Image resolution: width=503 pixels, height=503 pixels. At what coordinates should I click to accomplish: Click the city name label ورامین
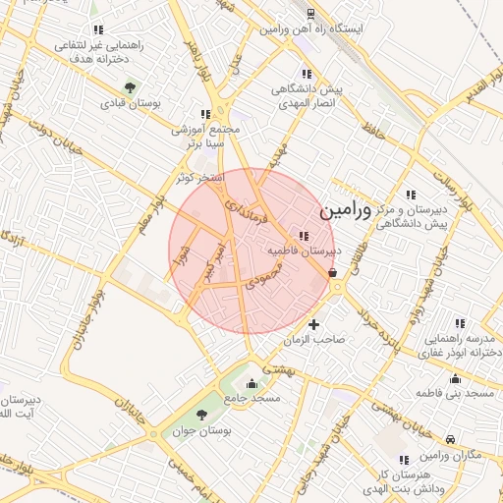pos(347,210)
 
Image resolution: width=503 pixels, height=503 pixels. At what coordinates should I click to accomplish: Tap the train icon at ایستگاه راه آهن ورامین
pos(310,14)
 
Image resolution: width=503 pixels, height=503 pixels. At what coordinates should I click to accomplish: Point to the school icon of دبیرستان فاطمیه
pos(303,236)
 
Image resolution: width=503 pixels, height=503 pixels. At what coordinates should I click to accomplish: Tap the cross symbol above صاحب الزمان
pos(313,324)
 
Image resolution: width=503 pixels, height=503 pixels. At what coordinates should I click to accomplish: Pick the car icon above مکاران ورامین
pos(450,440)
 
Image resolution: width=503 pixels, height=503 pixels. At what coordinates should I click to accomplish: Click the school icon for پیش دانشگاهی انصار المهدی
pos(307,74)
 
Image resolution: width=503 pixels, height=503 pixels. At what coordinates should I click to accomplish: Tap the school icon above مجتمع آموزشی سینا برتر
pos(205,114)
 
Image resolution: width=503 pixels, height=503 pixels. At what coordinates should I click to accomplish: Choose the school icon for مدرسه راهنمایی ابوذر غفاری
pos(459,323)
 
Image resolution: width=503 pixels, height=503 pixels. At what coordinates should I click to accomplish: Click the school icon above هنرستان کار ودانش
pos(403,459)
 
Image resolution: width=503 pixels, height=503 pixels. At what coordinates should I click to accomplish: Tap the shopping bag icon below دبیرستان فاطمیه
pos(332,273)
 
